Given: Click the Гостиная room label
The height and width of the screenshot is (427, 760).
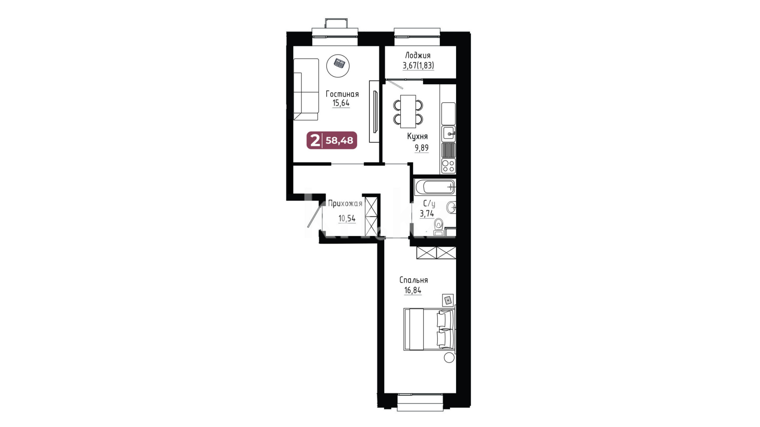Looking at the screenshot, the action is click(342, 94).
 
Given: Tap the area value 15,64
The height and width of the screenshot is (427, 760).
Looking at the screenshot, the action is click(341, 103).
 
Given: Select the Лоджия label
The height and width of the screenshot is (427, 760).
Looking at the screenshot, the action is click(418, 56).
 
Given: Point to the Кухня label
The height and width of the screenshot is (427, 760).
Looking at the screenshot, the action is click(417, 136).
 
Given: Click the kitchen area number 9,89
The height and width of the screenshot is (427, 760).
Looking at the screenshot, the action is click(422, 148).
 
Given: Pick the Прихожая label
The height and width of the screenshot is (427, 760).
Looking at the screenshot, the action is click(345, 204).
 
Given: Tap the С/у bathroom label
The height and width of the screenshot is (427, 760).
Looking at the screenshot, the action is click(429, 204).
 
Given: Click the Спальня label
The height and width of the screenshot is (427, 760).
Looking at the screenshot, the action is click(414, 280).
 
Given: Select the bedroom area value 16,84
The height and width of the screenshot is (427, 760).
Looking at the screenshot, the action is click(412, 290).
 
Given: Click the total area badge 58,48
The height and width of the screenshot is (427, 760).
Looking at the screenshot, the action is click(339, 140).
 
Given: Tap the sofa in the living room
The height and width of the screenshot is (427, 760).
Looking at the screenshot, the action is click(306, 89).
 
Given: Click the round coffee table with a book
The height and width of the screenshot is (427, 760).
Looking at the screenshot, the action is click(338, 66).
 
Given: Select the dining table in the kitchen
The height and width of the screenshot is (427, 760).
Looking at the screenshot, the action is click(408, 111).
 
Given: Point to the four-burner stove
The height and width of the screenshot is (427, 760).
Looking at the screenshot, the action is click(448, 166).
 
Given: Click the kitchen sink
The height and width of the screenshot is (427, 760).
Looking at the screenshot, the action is click(449, 133).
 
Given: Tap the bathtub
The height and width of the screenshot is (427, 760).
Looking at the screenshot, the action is click(435, 187).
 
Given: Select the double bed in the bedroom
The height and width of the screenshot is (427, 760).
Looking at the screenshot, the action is click(429, 329).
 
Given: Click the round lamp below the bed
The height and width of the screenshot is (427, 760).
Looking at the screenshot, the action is click(449, 358).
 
